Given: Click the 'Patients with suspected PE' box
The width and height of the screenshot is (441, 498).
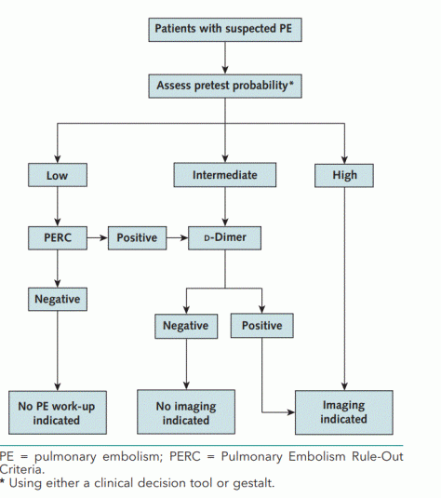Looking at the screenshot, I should tap(224, 29).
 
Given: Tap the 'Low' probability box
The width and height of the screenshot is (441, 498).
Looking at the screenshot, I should tap(58, 174).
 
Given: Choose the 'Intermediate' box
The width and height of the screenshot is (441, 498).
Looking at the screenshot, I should tap(223, 174).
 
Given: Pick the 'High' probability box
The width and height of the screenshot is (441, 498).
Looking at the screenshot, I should tap(344, 174).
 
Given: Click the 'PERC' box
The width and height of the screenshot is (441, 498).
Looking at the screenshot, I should tap(58, 237).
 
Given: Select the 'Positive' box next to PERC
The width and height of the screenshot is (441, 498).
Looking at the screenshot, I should tap(138, 237).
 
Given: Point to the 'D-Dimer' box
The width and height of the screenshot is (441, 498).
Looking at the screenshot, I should tap(223, 237).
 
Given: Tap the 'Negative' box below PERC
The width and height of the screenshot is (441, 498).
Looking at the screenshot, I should tap(58, 300).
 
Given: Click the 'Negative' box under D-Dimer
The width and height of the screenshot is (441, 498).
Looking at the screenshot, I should tap(185, 326).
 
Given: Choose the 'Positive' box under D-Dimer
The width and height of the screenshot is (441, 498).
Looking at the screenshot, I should tap(263, 326).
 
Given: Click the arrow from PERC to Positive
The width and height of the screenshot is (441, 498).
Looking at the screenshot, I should tap(97, 237).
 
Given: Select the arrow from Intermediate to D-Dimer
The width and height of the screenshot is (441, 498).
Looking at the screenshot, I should tap(223, 205).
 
